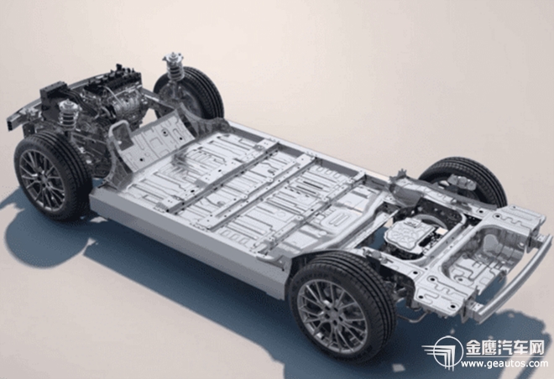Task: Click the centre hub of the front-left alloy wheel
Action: pos(42,180)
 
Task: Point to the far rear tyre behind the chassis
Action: pos(467,180)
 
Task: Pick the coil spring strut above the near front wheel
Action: pos(69,114)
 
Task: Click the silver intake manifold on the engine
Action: pos(128,105)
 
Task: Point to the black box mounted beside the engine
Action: pos(54,92)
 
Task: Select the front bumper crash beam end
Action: pos(13,121)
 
